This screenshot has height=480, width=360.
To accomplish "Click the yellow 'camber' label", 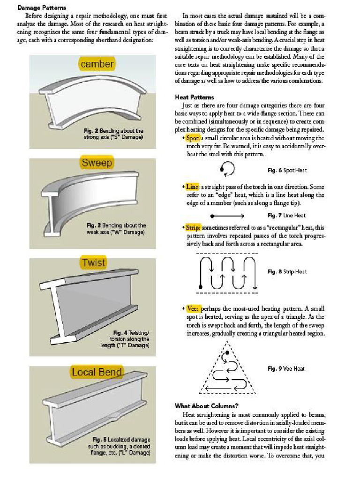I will (97, 64).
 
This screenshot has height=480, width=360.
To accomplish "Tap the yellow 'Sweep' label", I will (97, 163).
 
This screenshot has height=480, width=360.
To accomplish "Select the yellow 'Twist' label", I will (94, 262).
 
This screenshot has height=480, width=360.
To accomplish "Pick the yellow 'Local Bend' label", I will (97, 372).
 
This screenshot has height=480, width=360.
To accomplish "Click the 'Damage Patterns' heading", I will (42, 8).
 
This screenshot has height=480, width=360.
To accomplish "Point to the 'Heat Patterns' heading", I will (194, 97).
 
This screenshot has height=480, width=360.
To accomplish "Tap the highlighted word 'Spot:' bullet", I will (193, 138).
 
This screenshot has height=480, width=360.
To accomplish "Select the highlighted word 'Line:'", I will (193, 187).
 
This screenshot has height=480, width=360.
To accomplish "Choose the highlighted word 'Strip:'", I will (193, 227).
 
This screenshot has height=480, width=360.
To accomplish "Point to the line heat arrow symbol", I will (228, 216).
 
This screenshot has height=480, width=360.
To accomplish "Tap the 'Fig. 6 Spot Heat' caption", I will (287, 170).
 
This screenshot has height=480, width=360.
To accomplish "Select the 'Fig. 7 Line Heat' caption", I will (286, 216).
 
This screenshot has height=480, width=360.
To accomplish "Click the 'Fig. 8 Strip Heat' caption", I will (287, 271).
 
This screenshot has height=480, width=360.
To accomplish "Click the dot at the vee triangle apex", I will (227, 352).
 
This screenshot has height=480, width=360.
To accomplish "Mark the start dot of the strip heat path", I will (201, 285).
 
